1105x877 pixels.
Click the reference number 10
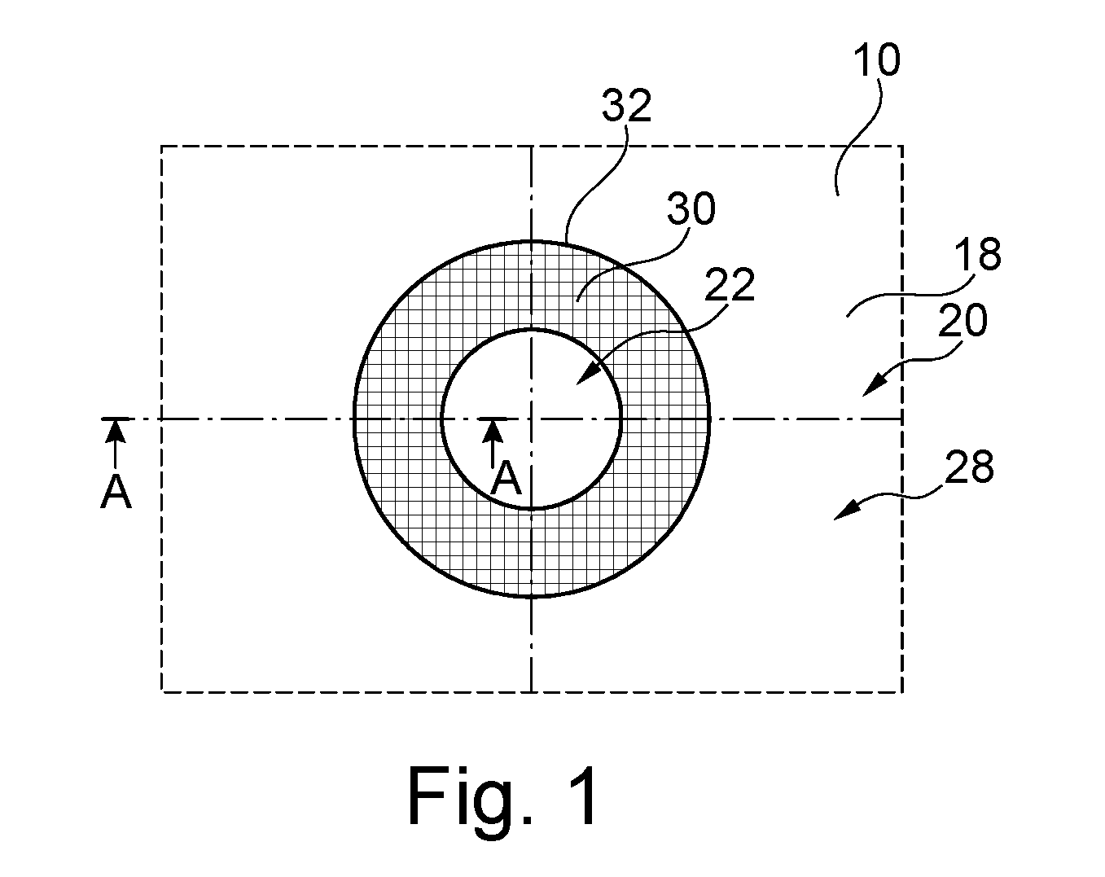tap(876, 60)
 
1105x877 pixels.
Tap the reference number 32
tap(626, 105)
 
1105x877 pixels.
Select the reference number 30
tap(691, 208)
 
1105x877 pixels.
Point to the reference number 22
tap(730, 283)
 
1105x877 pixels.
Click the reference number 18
tap(978, 253)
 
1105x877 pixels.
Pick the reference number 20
tap(962, 319)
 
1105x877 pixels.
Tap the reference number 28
tap(969, 467)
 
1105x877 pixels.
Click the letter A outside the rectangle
tap(116, 491)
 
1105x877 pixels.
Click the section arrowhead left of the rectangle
tap(116, 431)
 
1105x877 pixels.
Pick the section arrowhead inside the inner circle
tap(493, 431)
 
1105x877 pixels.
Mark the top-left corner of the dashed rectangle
tap(162, 147)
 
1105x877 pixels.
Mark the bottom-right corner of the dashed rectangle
tap(902, 691)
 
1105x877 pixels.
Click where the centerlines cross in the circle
tap(532, 419)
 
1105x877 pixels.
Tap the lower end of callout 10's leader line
tap(838, 195)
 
